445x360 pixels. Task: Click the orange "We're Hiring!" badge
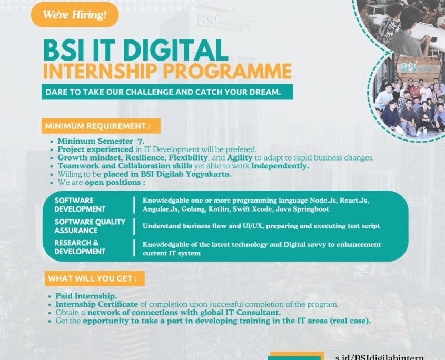pyautogui.click(x=74, y=14)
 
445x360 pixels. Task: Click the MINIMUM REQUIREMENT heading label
pyautogui.click(x=101, y=126)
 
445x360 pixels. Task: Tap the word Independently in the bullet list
pyautogui.click(x=280, y=166)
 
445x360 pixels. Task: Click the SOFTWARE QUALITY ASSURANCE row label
pyautogui.click(x=90, y=226)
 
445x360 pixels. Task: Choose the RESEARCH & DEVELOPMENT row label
pyautogui.click(x=80, y=247)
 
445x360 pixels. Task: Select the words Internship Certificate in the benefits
pyautogui.click(x=97, y=304)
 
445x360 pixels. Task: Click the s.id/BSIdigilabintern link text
pyautogui.click(x=379, y=357)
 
